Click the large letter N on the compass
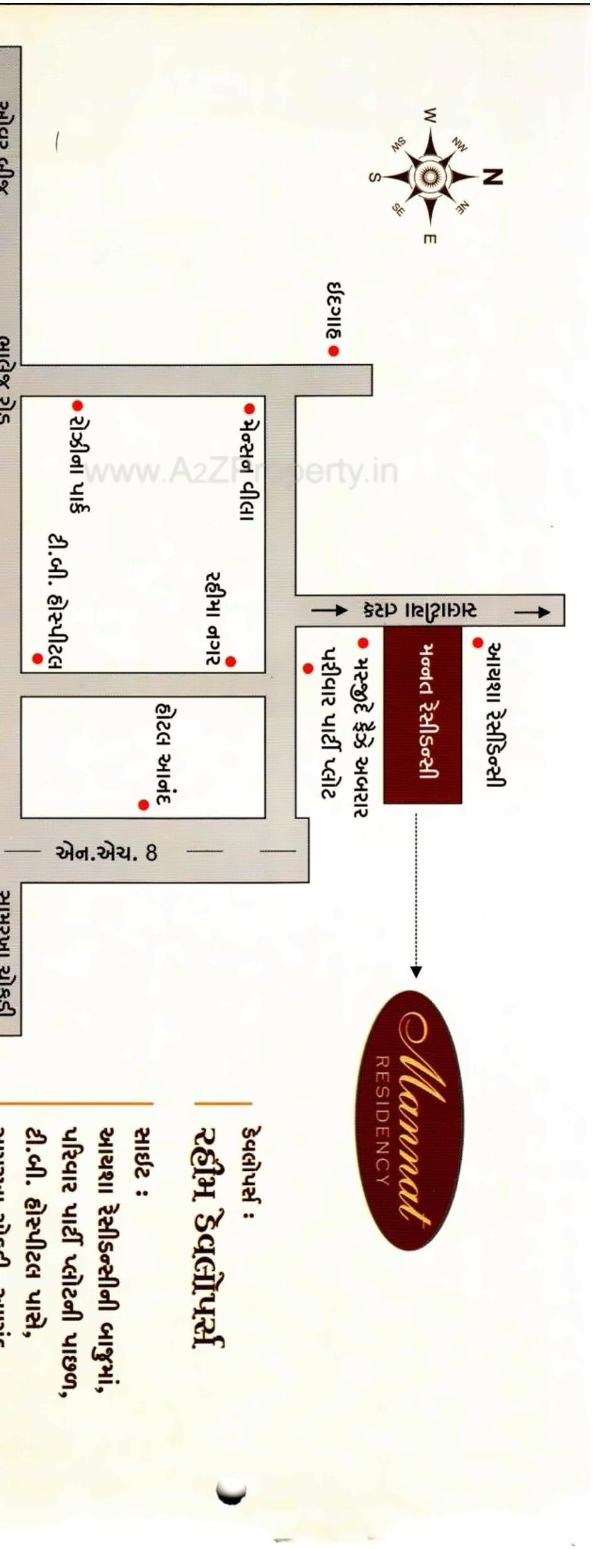click(x=493, y=177)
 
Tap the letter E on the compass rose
click(x=431, y=239)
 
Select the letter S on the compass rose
click(x=373, y=178)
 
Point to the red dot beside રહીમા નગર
click(x=231, y=661)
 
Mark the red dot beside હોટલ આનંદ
click(x=144, y=805)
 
